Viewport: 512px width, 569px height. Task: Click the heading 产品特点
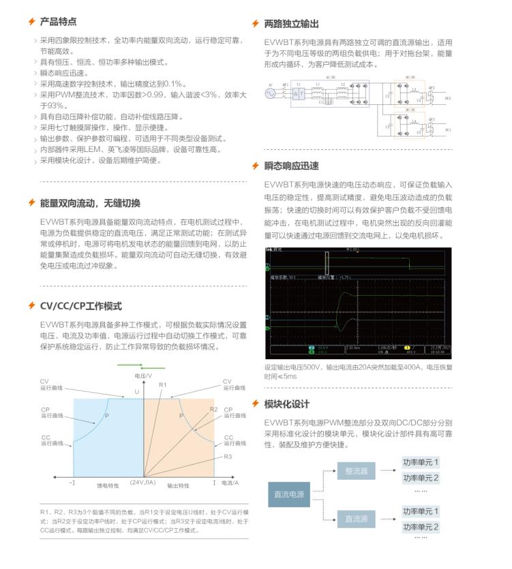[x=58, y=22]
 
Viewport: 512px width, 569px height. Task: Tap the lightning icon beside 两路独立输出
[x=256, y=23]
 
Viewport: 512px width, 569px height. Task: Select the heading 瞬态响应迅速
[x=291, y=166]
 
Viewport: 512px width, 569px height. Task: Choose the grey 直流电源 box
[x=289, y=493]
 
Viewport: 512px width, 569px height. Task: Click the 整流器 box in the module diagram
[x=356, y=471]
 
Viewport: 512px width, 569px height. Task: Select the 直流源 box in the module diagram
[x=356, y=519]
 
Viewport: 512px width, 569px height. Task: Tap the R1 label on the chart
[x=162, y=386]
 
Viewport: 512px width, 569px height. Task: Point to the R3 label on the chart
[x=228, y=457]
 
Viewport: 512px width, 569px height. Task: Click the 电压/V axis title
[x=143, y=376]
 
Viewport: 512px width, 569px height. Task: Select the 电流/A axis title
[x=230, y=482]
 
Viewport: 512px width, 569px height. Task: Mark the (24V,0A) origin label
[x=143, y=482]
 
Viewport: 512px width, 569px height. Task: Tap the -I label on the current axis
[x=72, y=482]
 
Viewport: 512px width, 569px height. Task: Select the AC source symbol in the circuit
[x=271, y=94]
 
